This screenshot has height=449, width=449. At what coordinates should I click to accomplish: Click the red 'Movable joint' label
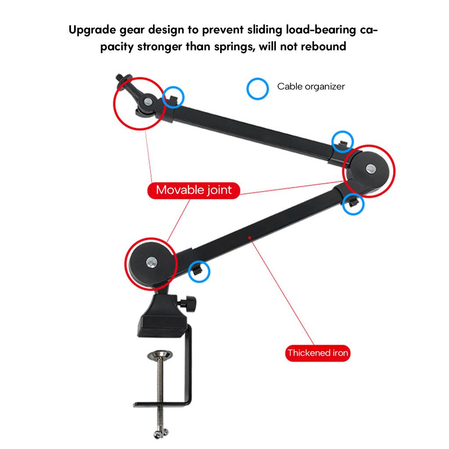point(193,190)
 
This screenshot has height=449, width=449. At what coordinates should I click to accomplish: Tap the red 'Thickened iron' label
point(317,353)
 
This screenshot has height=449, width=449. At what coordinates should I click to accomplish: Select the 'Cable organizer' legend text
point(311,86)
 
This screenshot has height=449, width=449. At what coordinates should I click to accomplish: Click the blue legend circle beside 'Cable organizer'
point(257,89)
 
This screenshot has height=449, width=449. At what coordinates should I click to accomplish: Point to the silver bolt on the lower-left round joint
point(151,262)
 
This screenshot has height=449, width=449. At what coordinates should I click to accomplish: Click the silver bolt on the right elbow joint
point(371,169)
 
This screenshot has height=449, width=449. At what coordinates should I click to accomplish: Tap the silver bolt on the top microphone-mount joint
point(148,101)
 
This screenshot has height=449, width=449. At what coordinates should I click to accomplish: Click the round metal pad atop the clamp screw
point(160,355)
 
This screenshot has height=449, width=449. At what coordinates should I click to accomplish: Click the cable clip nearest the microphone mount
point(173,99)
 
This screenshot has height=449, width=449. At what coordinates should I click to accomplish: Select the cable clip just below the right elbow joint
point(353,203)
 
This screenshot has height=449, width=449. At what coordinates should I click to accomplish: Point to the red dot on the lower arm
point(249,237)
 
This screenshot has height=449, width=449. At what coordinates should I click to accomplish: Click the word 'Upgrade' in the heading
point(92,30)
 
